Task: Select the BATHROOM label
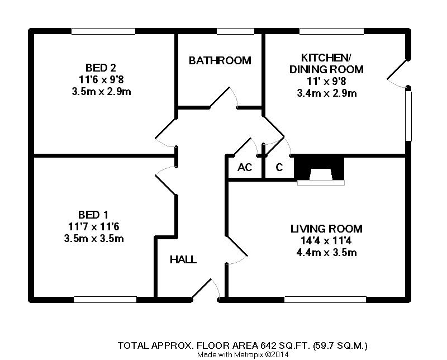pos(220,60)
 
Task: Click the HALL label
pos(183,260)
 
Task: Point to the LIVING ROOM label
pos(326,229)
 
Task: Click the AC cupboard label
pos(244,168)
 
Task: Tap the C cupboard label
pos(279,168)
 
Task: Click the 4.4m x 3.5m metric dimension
pos(327,253)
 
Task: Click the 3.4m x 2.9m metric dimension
pos(327,93)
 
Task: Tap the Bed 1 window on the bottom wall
pos(105,300)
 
